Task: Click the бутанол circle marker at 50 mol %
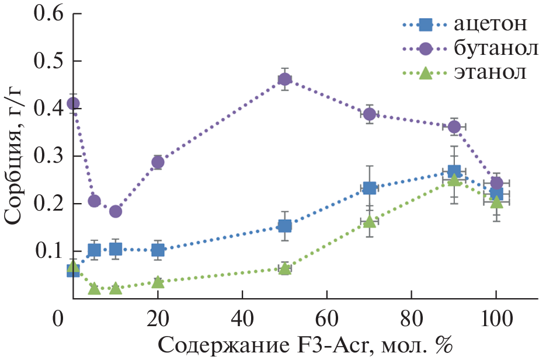tap(284, 79)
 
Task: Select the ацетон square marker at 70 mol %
tap(369, 188)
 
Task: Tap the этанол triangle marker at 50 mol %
tap(284, 268)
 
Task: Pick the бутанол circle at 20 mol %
tap(158, 162)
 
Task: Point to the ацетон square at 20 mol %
tap(158, 250)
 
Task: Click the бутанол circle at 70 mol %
tap(369, 114)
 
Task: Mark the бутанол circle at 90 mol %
tap(454, 127)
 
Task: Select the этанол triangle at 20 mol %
tap(158, 282)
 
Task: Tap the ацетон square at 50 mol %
tap(284, 226)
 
